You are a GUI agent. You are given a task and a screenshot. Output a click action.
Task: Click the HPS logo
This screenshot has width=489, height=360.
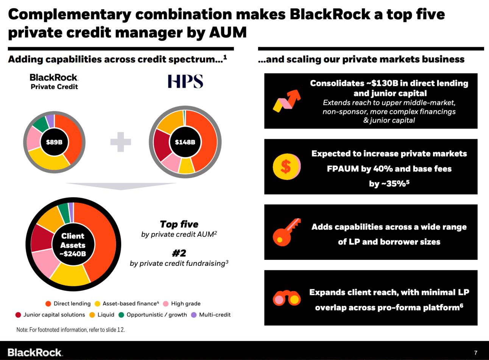(x=185, y=81)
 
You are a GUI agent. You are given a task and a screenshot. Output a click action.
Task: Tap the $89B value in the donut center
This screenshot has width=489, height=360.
(x=54, y=142)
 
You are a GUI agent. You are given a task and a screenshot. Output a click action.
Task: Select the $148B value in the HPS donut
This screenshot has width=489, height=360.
(x=185, y=142)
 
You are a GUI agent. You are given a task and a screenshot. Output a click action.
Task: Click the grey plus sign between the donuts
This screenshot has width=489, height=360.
(x=120, y=142)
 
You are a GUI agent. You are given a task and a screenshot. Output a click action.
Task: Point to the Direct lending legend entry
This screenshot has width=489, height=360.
(x=68, y=304)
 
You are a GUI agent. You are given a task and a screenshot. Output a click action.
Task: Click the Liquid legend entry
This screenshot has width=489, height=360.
(x=102, y=315)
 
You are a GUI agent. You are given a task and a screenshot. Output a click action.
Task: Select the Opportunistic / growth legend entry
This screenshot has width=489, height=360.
(x=153, y=315)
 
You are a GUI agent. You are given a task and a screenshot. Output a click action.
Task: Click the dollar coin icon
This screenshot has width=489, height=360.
(x=286, y=166)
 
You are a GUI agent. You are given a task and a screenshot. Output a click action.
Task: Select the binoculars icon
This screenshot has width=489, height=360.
(x=287, y=298)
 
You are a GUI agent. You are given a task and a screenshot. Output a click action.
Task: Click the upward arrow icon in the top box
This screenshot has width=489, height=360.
(x=287, y=101)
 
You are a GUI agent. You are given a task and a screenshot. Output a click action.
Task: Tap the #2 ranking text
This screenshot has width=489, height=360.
(x=179, y=253)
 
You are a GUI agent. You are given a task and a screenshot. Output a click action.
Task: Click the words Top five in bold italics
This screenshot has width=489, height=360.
(x=179, y=224)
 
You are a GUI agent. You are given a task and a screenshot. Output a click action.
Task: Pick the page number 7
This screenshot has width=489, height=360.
(x=476, y=352)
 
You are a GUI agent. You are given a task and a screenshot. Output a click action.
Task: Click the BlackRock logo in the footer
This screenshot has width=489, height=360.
(x=35, y=352)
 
